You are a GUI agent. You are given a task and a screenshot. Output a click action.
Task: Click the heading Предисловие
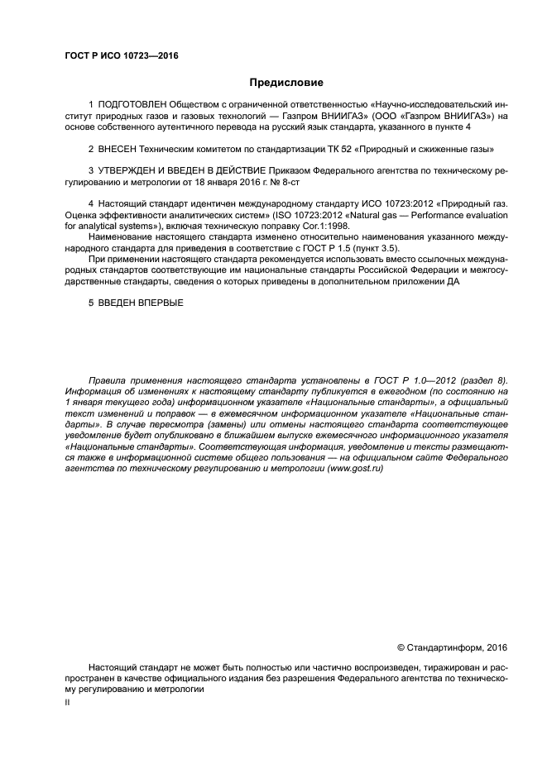point(275,83)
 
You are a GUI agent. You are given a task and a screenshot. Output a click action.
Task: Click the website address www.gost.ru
point(358,468)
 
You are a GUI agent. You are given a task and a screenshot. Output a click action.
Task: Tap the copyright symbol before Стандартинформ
point(402,647)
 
